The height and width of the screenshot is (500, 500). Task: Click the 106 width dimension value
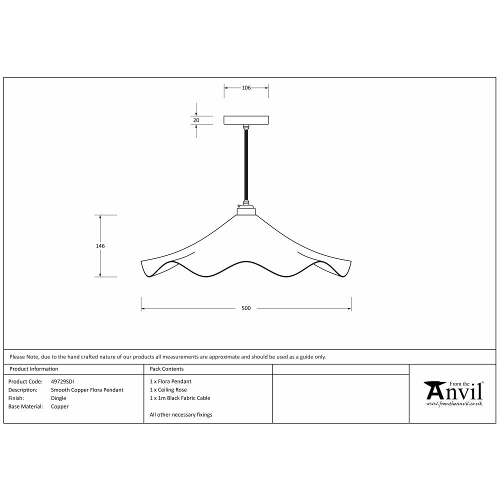[x=246, y=88]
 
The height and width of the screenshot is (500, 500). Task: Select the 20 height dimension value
[x=196, y=120]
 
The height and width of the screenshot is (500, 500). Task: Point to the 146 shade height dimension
[x=100, y=246]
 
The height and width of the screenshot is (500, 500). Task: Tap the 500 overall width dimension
[x=246, y=308]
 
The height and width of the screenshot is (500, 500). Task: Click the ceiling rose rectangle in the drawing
[x=246, y=120]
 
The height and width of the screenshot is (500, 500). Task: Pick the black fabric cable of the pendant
[x=246, y=165]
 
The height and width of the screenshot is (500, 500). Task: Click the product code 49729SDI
[x=62, y=381]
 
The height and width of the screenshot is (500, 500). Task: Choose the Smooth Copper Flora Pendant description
[x=87, y=390]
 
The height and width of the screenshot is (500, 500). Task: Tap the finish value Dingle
[x=58, y=398]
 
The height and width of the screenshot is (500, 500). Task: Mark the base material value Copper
[x=59, y=407]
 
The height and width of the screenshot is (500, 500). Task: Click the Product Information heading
[x=33, y=369]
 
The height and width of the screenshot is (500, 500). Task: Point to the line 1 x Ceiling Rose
[x=168, y=390]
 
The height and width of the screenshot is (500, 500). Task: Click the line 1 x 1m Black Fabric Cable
[x=180, y=398]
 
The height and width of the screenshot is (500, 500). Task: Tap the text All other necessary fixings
[x=181, y=415]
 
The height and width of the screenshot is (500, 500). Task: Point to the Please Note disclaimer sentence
[x=167, y=357]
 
